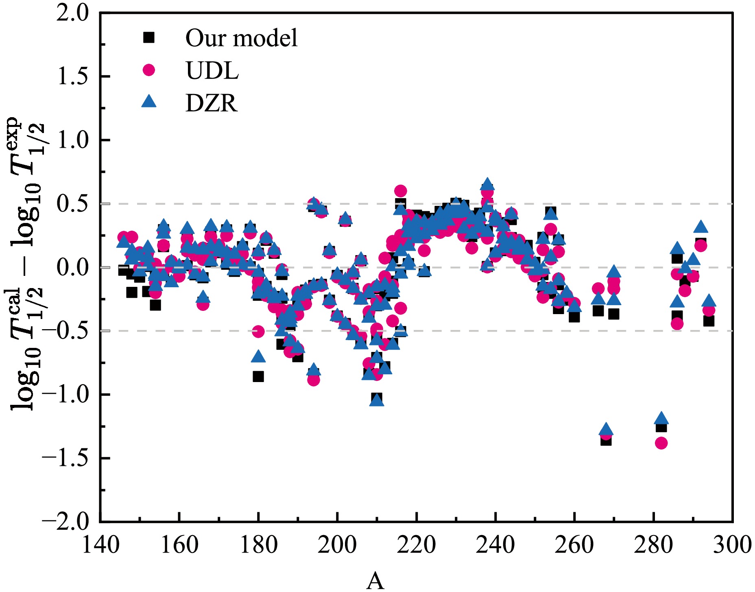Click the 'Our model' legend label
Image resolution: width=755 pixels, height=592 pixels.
(241, 38)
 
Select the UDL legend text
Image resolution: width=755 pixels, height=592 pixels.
(212, 71)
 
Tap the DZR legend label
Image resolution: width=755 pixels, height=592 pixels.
(211, 103)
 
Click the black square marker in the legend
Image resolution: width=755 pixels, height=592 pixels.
(149, 37)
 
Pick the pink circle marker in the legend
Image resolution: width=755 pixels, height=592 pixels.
(149, 70)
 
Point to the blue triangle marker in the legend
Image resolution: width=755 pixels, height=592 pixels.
(149, 102)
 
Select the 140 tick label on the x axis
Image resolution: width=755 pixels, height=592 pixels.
(101, 544)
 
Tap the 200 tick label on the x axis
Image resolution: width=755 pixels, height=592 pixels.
(337, 544)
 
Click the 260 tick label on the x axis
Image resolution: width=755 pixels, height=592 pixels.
(574, 544)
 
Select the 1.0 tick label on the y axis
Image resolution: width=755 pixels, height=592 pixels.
(72, 140)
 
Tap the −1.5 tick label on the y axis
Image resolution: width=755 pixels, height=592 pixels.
(65, 458)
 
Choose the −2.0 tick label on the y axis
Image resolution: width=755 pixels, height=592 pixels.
(65, 522)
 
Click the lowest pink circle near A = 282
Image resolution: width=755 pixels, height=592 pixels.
(661, 443)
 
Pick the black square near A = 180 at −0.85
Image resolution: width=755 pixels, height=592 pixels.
(258, 376)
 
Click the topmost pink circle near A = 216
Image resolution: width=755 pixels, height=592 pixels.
(400, 191)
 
